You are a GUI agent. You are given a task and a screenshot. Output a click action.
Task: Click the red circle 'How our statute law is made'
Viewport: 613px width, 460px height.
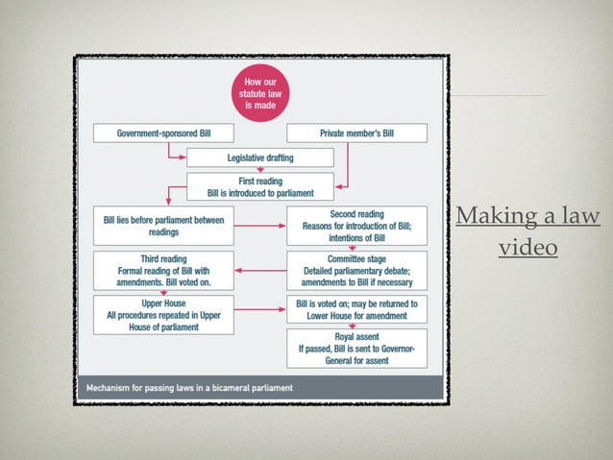click(x=260, y=93)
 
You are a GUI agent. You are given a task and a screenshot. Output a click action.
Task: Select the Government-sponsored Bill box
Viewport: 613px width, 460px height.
click(x=163, y=133)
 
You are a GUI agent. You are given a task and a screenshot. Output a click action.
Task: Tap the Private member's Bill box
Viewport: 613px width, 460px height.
click(x=356, y=133)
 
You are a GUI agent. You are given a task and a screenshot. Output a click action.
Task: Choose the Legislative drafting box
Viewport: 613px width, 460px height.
click(x=260, y=157)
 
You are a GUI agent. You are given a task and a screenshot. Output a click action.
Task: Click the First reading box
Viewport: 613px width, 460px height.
click(x=260, y=187)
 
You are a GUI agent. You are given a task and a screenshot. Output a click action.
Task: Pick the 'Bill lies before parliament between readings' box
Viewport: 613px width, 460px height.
click(x=163, y=226)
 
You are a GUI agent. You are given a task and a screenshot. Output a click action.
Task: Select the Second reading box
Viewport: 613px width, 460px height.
click(x=356, y=226)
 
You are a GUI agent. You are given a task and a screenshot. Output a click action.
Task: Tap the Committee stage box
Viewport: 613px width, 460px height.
click(x=356, y=271)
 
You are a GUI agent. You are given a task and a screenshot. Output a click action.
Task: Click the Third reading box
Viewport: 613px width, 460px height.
click(x=163, y=271)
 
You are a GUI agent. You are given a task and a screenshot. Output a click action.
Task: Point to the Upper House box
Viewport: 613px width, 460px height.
click(x=163, y=315)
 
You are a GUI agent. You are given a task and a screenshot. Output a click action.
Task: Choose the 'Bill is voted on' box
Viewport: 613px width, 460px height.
click(x=356, y=309)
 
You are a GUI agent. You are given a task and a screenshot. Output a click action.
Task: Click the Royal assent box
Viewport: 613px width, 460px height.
click(x=356, y=349)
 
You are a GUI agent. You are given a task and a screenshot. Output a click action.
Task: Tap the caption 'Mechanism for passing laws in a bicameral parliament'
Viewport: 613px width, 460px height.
click(x=189, y=388)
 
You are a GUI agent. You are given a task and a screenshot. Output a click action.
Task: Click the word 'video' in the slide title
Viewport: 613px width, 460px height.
click(x=528, y=247)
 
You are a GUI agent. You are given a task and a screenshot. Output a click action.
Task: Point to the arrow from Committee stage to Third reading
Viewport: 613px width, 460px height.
click(x=260, y=271)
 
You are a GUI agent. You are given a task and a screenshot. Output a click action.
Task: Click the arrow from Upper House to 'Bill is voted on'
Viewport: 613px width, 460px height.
click(x=260, y=309)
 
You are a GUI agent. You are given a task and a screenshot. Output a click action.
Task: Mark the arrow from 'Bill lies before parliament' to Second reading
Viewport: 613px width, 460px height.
click(x=260, y=226)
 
